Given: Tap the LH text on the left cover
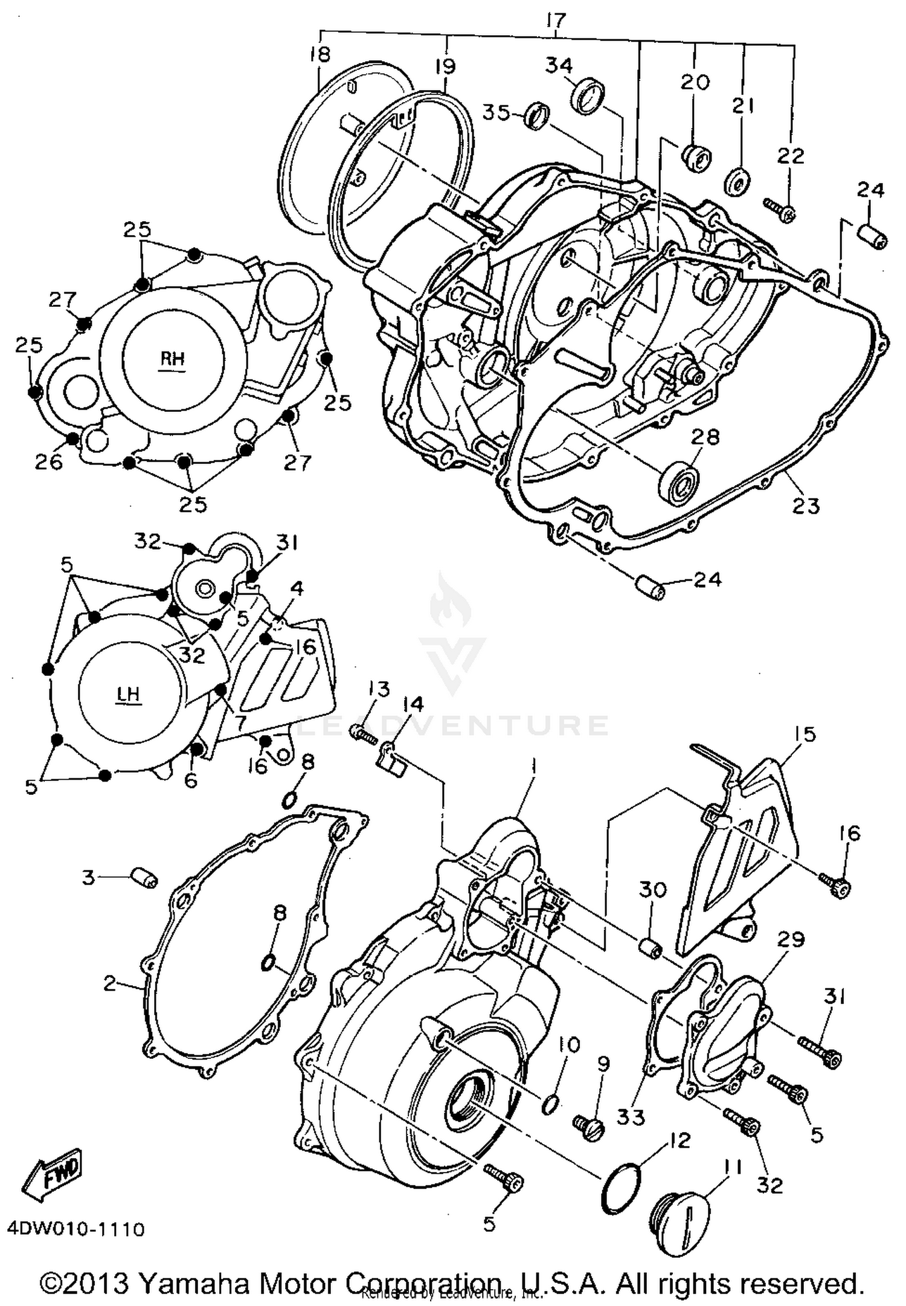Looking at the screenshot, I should (129, 694).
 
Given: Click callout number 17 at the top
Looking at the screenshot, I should (555, 21).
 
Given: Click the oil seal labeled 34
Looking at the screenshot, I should (589, 95).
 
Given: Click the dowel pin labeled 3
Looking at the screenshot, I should (144, 876).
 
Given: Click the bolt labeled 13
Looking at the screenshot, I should (363, 735).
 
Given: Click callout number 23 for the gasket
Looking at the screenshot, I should (805, 505).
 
